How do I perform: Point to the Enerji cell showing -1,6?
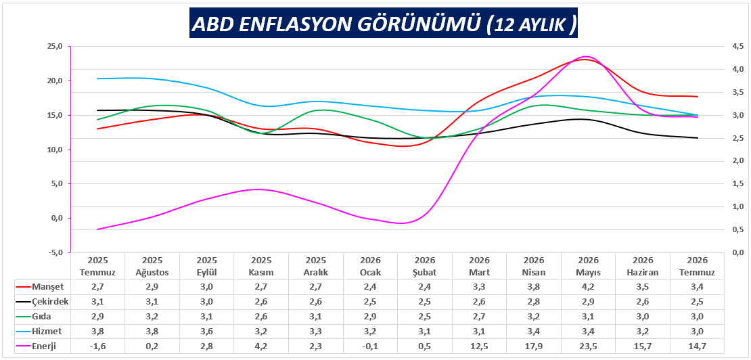[x=97, y=346]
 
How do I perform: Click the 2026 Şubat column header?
[x=424, y=267]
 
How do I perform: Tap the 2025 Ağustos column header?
[x=152, y=267]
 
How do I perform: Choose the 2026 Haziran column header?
[x=643, y=267]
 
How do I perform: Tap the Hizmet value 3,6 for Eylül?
[x=207, y=332]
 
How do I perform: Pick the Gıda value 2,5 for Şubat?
[x=424, y=317]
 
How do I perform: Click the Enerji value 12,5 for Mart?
[x=479, y=346]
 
